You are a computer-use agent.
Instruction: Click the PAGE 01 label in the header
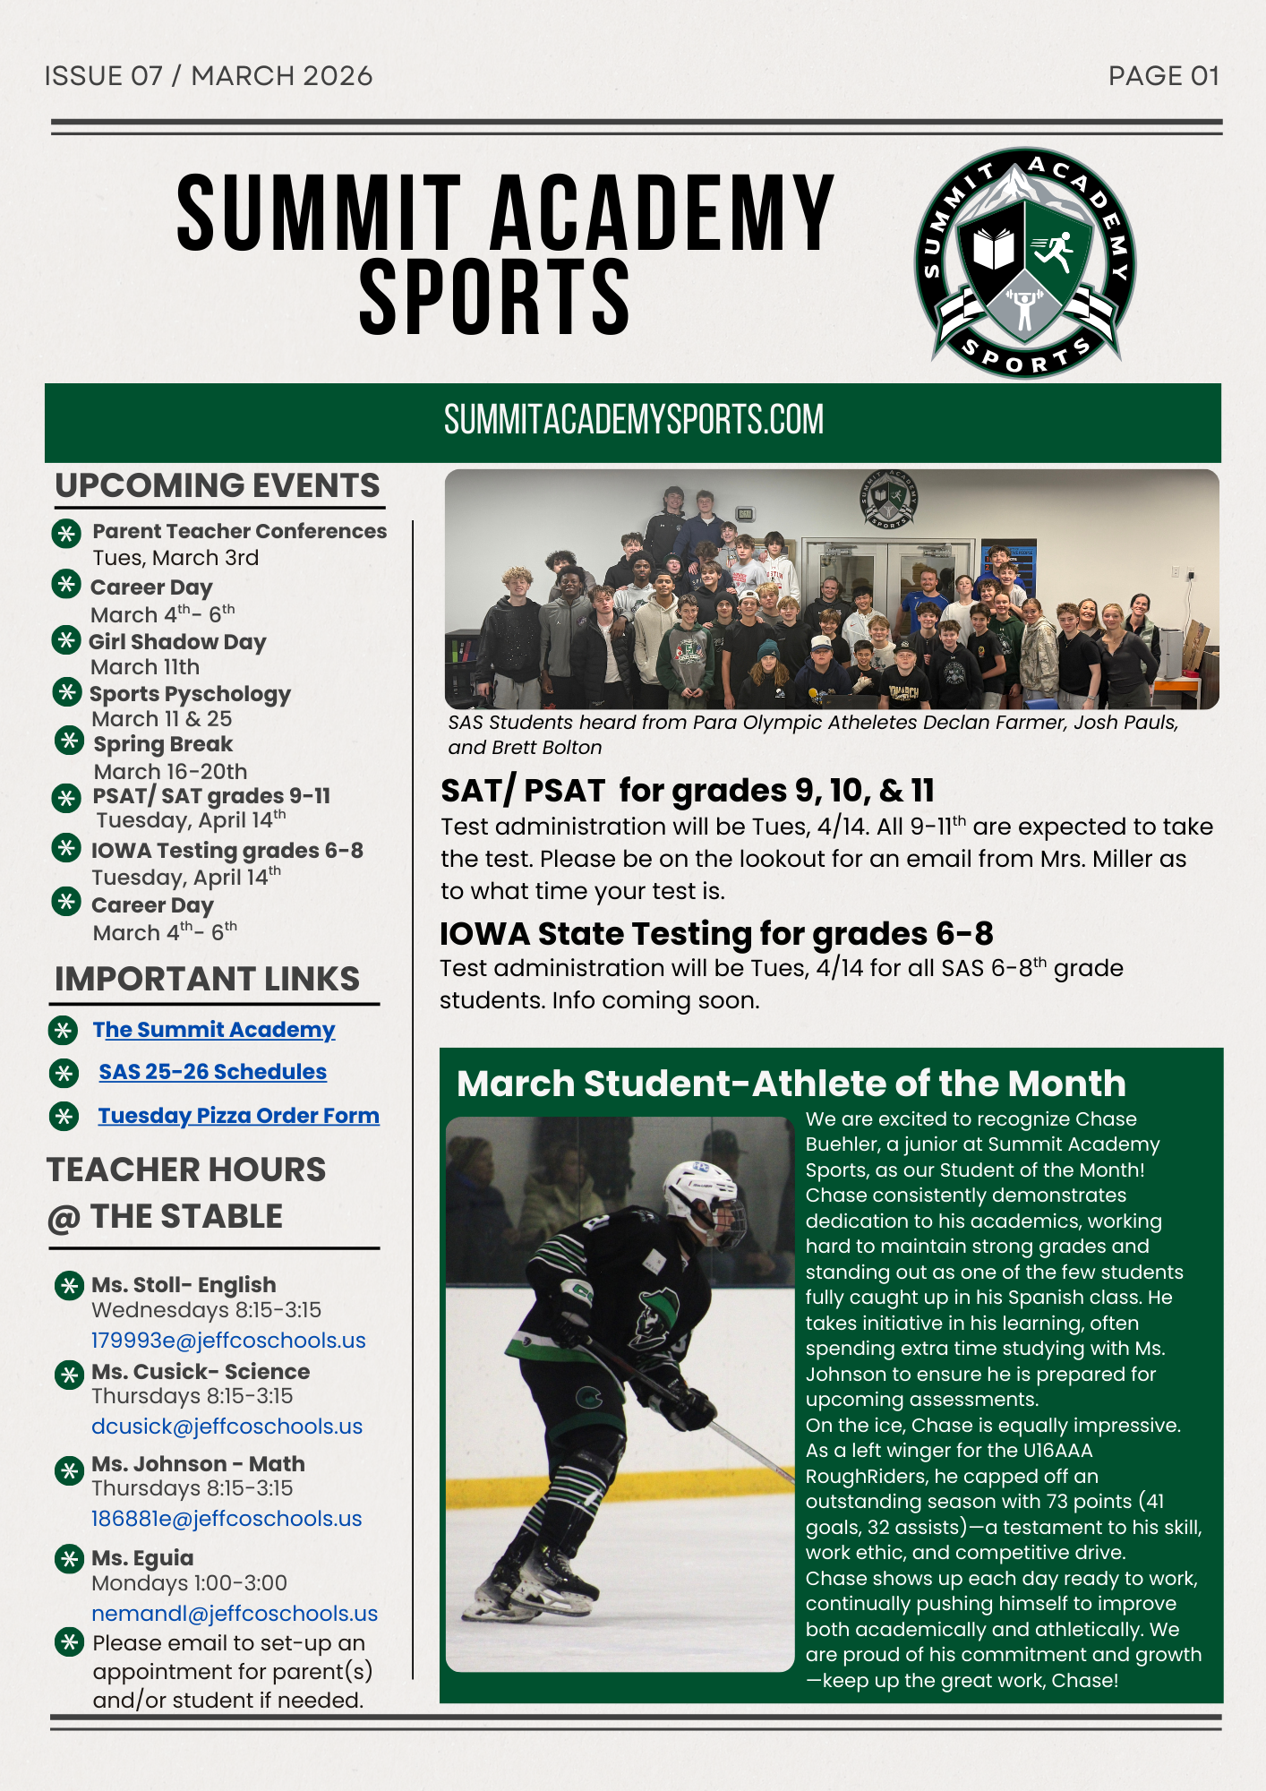1163,76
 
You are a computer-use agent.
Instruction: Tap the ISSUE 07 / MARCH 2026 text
209,76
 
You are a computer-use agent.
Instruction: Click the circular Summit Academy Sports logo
1025,262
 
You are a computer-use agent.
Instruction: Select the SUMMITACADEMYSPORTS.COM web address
633,420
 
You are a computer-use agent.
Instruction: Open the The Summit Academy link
214,1030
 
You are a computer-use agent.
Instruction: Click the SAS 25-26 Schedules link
213,1072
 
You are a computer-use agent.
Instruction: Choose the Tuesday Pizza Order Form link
238,1116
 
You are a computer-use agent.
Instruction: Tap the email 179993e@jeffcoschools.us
228,1341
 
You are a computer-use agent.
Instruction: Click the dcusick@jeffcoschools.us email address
227,1427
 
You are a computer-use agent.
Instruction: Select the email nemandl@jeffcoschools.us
235,1614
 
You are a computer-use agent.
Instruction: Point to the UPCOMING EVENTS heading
218,485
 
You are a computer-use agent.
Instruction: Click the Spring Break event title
163,744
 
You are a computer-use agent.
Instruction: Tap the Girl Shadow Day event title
177,642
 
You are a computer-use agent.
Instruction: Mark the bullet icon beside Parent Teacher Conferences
65,534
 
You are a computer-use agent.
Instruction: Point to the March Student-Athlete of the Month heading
791,1084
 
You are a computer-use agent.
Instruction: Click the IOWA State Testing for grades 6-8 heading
716,934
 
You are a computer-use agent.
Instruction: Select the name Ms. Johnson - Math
198,1464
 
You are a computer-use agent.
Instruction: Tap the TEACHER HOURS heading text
186,1170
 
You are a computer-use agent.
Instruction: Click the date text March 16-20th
170,772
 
